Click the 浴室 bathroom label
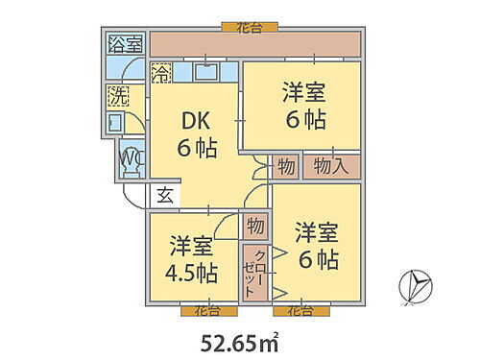pos(125,44)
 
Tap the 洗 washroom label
pos(118,96)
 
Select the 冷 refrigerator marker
pos(162,72)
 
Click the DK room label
pos(196,122)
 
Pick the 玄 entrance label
pos(164,196)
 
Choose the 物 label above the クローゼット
pos(254,226)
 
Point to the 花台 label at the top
pos(250,28)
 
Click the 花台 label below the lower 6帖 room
pos(300,310)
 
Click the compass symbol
pos(416,284)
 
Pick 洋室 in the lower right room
pos(316,233)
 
